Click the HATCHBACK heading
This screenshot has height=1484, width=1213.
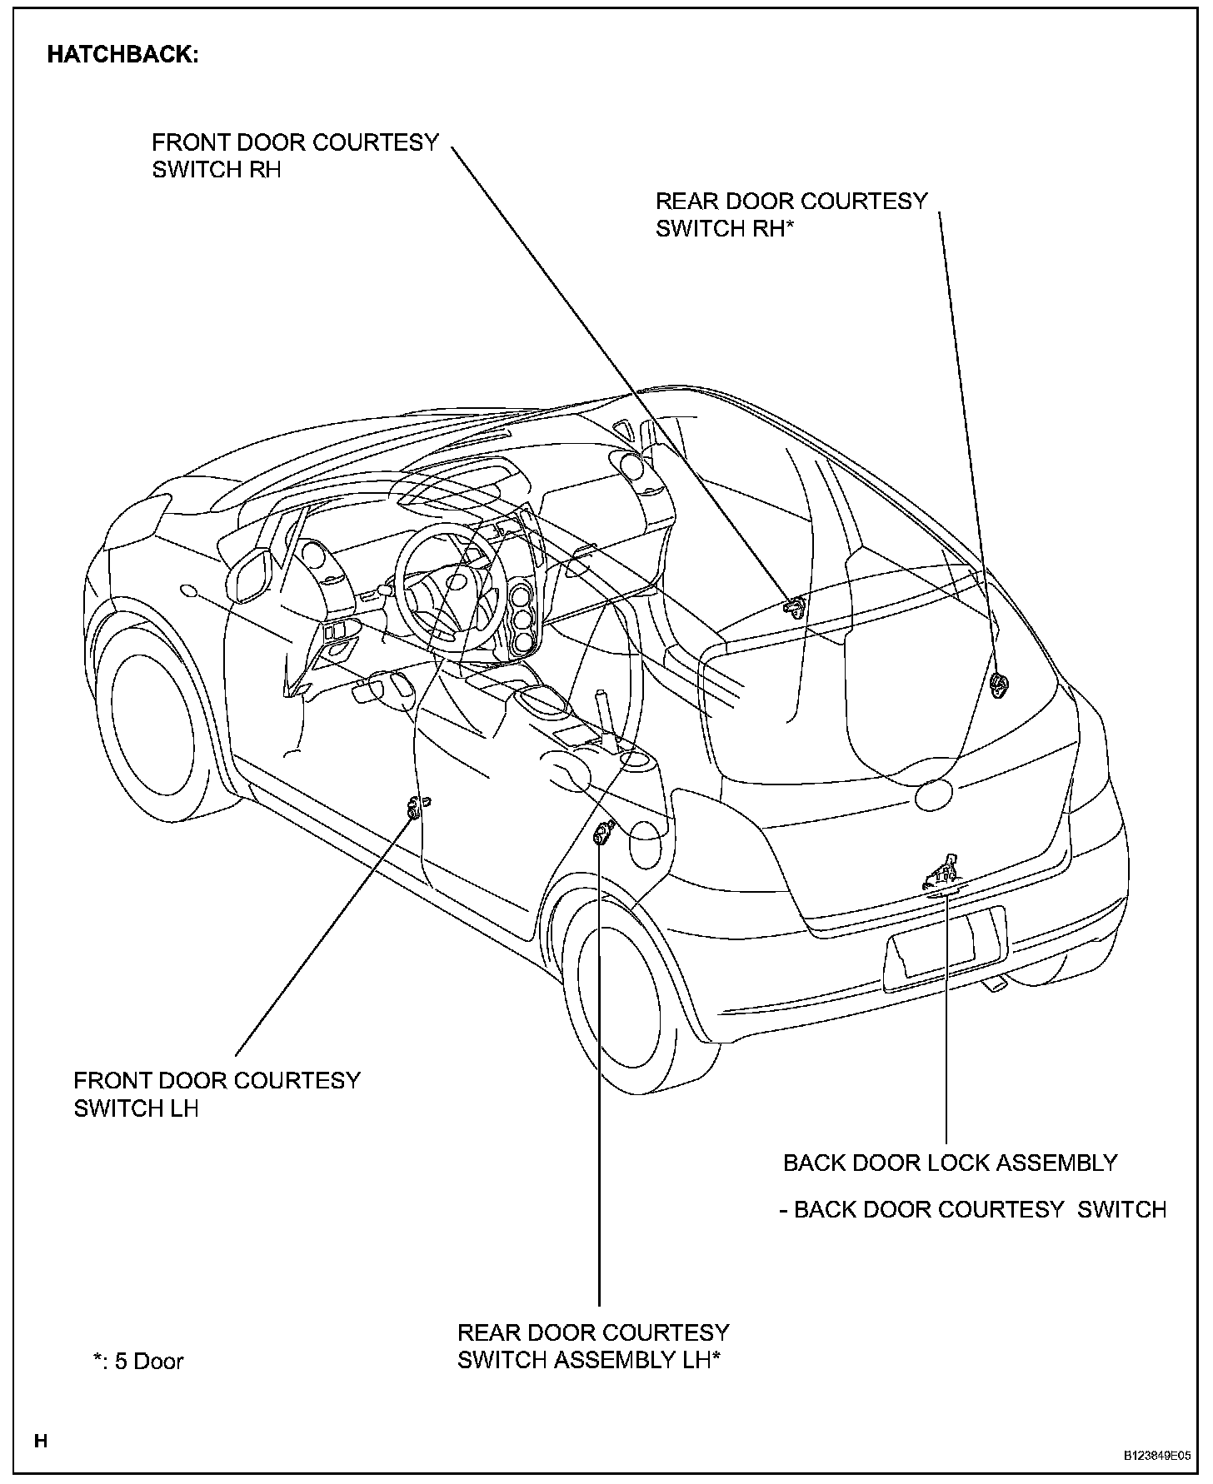(122, 55)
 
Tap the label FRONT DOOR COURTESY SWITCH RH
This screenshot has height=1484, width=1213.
(295, 156)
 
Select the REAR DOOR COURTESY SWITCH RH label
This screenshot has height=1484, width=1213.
(791, 214)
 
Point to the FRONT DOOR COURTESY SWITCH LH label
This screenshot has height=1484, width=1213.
(217, 1094)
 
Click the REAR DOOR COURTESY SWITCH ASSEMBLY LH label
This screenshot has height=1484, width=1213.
(593, 1347)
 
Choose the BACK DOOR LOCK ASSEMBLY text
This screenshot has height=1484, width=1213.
(950, 1163)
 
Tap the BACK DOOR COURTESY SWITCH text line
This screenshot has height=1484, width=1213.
(972, 1209)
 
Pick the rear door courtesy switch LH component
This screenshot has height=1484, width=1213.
(602, 832)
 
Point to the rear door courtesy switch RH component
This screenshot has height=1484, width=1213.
(998, 685)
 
